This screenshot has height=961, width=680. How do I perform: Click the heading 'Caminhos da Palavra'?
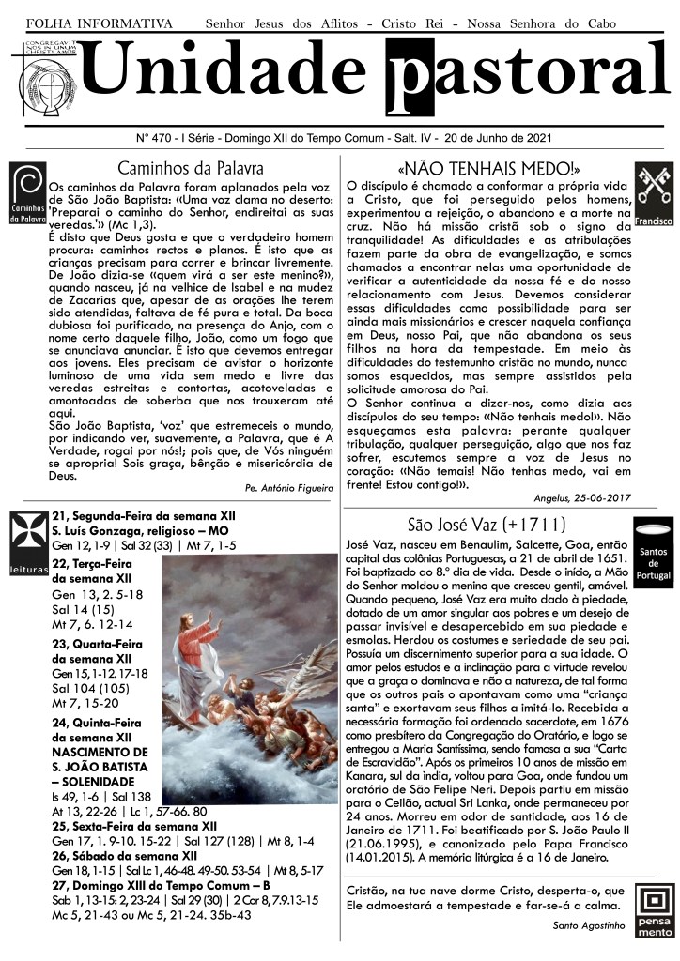[x=191, y=169]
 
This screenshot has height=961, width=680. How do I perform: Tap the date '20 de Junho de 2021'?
[x=497, y=138]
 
